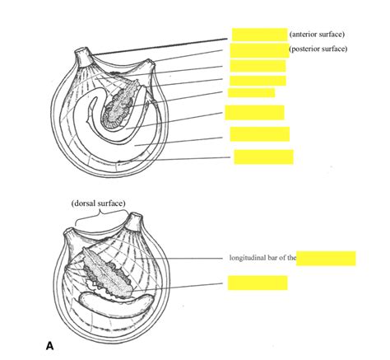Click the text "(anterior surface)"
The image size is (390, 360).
click(x=317, y=35)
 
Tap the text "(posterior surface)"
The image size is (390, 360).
click(x=318, y=49)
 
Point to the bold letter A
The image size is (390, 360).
click(x=50, y=346)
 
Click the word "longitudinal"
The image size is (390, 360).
click(x=246, y=259)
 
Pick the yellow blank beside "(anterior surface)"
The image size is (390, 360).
click(x=258, y=35)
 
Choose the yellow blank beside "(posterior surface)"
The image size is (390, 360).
click(x=258, y=49)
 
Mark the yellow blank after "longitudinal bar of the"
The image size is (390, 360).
click(x=326, y=259)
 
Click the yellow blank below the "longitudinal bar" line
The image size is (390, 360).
click(x=258, y=283)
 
